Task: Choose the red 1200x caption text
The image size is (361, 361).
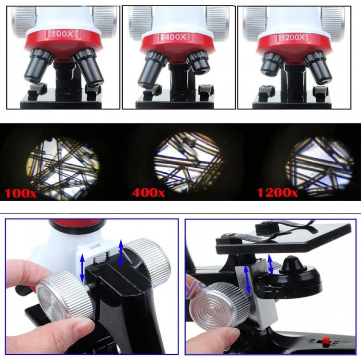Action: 277,193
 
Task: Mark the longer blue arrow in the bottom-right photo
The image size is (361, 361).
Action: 248,279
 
